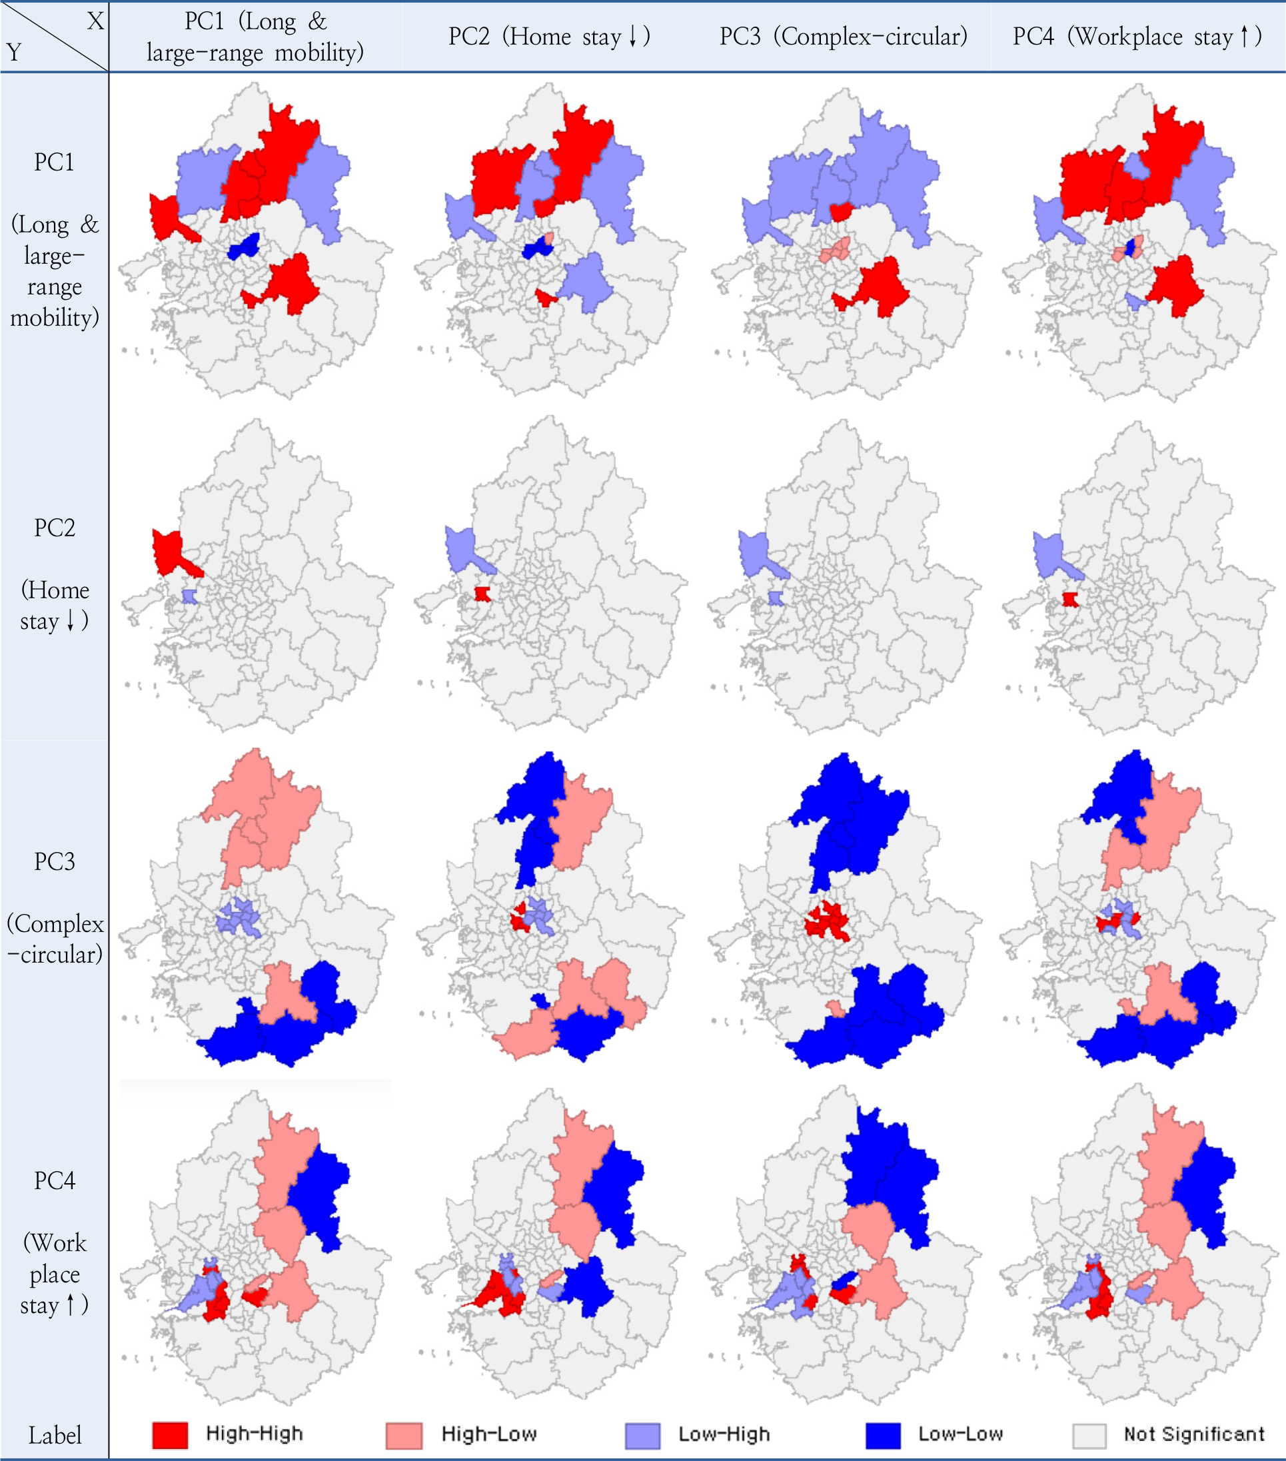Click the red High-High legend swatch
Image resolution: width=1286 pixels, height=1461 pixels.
pyautogui.click(x=169, y=1434)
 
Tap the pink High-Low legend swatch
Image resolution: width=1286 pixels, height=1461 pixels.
pyautogui.click(x=403, y=1434)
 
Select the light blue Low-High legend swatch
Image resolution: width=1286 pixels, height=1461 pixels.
pyautogui.click(x=642, y=1434)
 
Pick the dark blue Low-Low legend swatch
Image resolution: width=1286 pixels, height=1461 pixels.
pyautogui.click(x=882, y=1434)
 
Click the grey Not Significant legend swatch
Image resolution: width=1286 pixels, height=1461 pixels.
pyautogui.click(x=1089, y=1434)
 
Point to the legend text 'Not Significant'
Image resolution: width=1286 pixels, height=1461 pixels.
pyautogui.click(x=1193, y=1433)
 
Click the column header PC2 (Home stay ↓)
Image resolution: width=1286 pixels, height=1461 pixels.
pyautogui.click(x=548, y=37)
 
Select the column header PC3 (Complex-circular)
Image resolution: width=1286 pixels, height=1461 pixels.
pyautogui.click(x=843, y=37)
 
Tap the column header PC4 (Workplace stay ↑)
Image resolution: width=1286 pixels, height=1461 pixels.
pyautogui.click(x=1137, y=37)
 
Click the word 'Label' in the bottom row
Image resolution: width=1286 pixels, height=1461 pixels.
pyautogui.click(x=55, y=1434)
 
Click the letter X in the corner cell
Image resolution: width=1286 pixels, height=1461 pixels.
pyautogui.click(x=95, y=21)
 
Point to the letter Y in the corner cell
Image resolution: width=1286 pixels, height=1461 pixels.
pyautogui.click(x=14, y=52)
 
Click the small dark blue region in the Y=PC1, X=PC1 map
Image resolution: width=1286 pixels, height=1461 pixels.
pyautogui.click(x=243, y=247)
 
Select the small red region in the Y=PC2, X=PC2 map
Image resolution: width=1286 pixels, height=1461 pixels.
pyautogui.click(x=482, y=594)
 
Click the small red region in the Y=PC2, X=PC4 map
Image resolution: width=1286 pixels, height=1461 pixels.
pyautogui.click(x=1069, y=599)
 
